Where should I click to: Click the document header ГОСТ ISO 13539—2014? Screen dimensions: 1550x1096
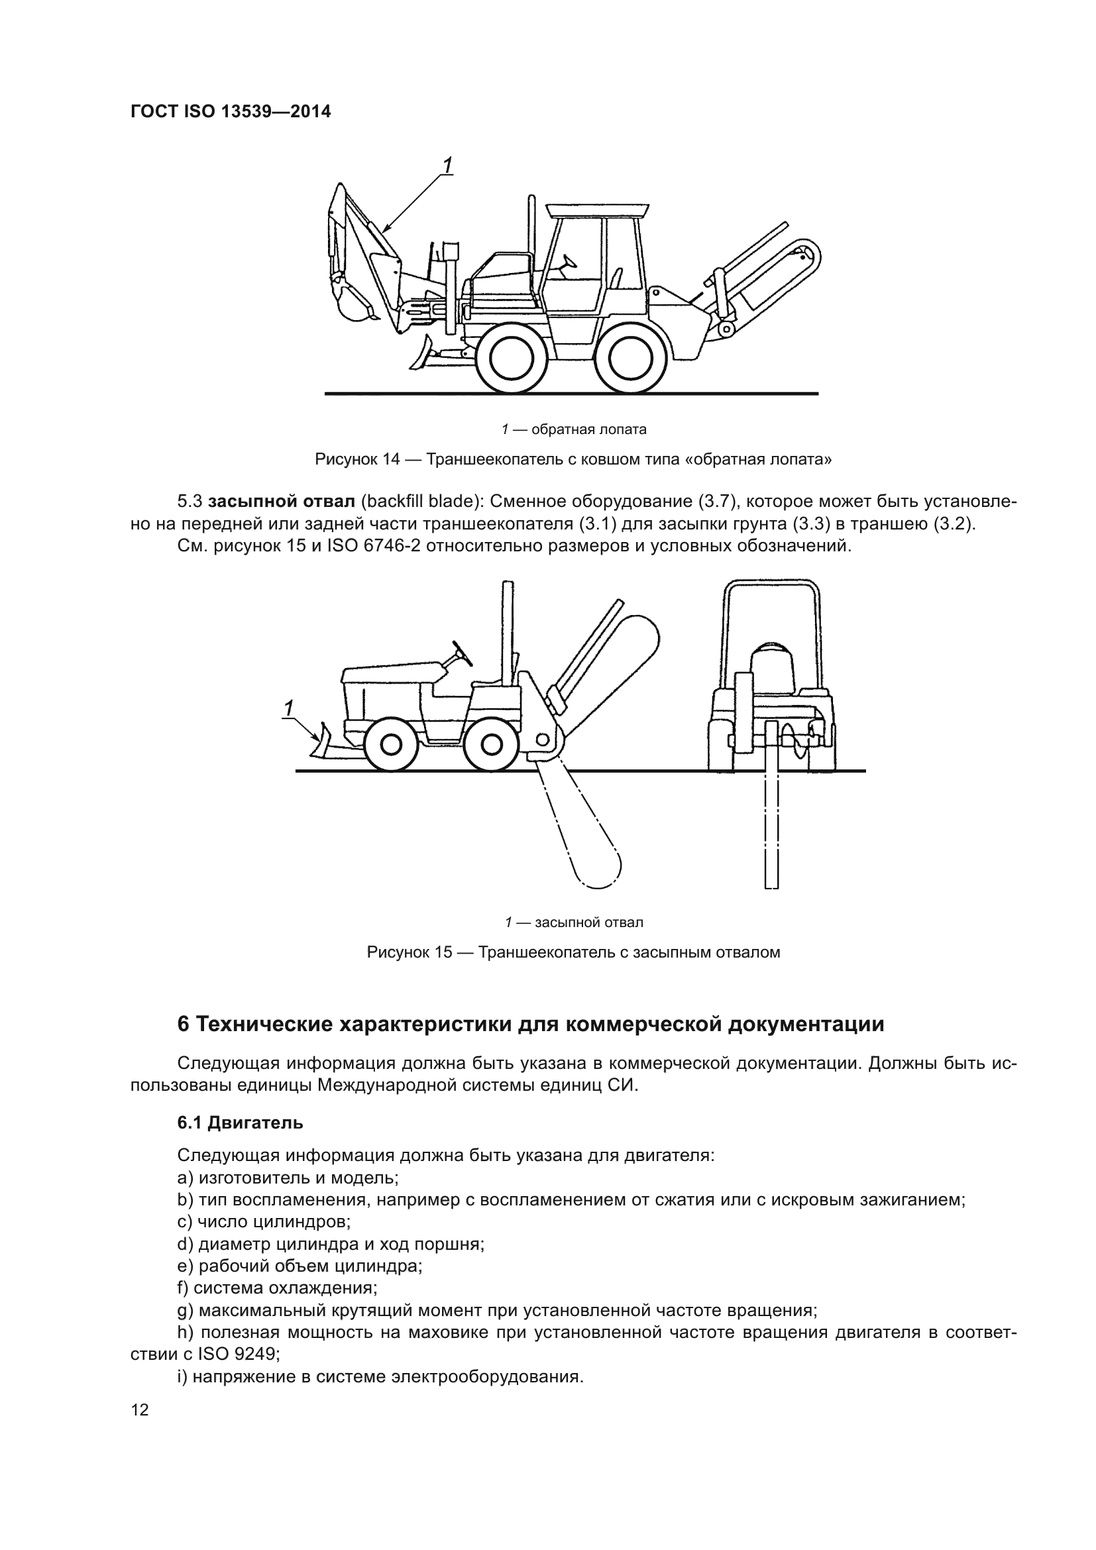click(231, 111)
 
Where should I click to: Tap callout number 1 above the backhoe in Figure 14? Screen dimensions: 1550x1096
click(447, 165)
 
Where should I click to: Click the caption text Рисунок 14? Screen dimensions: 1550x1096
click(357, 460)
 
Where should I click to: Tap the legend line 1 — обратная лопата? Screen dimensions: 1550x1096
click(574, 429)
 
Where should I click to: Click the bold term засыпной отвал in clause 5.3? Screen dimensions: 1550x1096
click(282, 502)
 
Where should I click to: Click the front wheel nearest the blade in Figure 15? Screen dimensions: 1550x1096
click(390, 745)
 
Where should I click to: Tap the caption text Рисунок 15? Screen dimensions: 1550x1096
click(409, 952)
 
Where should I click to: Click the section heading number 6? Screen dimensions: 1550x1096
click(184, 1024)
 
